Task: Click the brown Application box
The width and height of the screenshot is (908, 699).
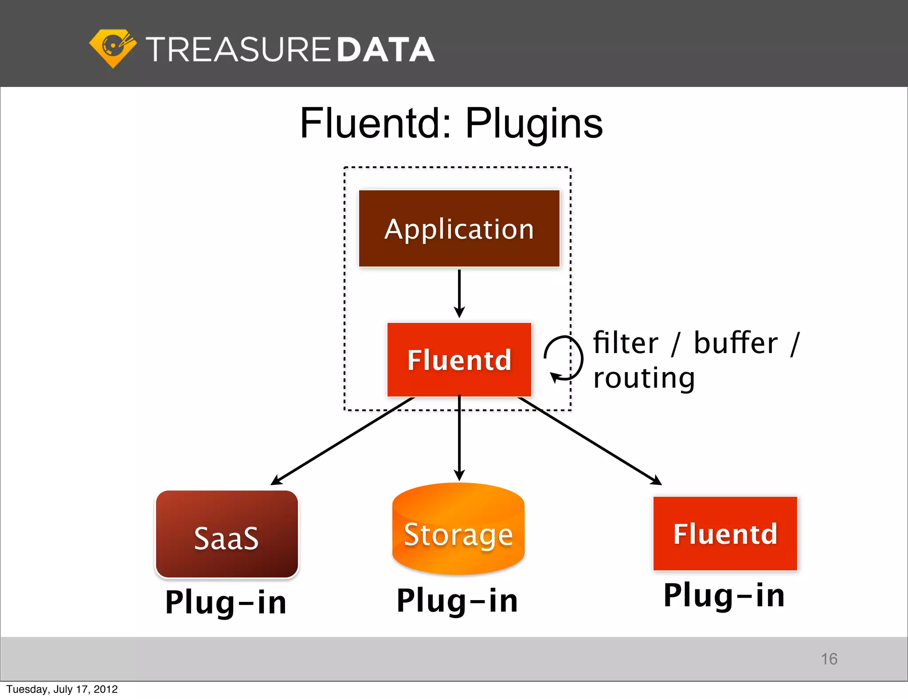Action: point(459,228)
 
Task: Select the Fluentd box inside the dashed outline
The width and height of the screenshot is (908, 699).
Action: point(459,359)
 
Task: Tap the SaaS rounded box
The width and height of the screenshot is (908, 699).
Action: point(227,534)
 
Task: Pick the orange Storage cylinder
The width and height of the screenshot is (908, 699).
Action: point(458,530)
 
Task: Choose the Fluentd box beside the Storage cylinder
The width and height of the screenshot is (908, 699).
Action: point(725,533)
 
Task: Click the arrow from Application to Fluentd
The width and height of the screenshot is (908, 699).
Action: point(459,293)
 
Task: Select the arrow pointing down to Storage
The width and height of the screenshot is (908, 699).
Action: point(459,439)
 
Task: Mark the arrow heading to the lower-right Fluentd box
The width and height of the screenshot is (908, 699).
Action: point(590,441)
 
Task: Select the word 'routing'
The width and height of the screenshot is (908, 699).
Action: point(644,378)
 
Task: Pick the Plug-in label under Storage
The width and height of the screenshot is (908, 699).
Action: point(457,601)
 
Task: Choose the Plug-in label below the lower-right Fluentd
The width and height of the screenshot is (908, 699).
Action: point(724,595)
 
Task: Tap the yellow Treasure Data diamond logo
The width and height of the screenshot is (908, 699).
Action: point(113,48)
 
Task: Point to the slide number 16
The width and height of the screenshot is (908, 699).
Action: point(829,659)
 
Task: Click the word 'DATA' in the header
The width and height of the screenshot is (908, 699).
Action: point(385,49)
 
